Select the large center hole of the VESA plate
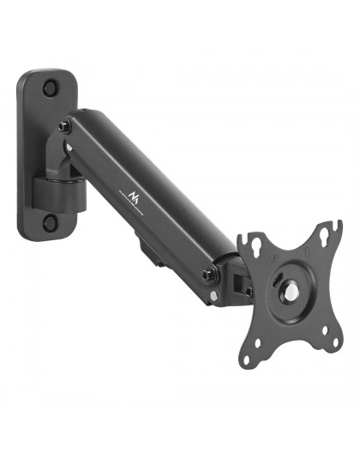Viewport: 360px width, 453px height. pyautogui.click(x=291, y=291)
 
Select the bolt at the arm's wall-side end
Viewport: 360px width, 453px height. pyautogui.click(x=65, y=127)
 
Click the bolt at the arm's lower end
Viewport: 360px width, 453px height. pyautogui.click(x=208, y=276)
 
